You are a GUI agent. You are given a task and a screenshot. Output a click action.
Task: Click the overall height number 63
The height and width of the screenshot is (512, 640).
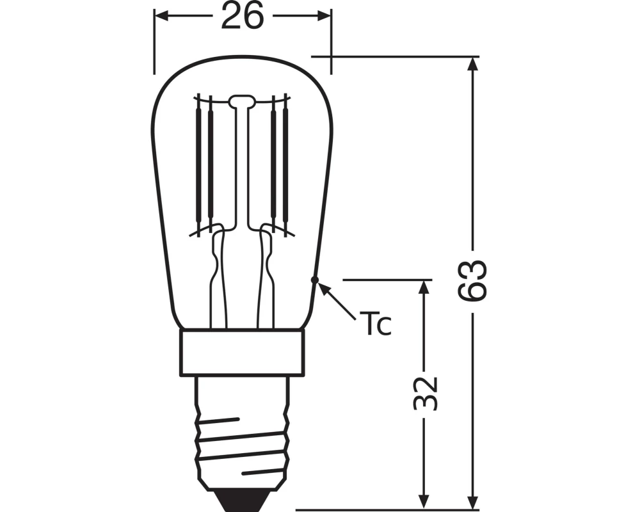coord(473,280)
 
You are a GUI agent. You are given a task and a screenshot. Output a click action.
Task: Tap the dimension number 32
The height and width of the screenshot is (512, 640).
coord(424,393)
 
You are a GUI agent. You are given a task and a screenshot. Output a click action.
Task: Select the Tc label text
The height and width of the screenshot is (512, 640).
coord(378,324)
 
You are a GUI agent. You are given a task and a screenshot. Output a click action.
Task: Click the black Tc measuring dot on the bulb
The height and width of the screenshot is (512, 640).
coord(314,280)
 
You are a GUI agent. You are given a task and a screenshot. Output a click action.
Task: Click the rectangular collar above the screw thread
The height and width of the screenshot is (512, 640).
coord(242,353)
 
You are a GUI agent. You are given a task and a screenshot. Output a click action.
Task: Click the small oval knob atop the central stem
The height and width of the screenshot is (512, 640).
coord(242,100)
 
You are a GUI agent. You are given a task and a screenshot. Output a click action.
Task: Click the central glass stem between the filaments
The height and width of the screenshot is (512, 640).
coord(242,166)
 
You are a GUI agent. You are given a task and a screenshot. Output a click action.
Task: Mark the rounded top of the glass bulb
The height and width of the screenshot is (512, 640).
coord(242,58)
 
